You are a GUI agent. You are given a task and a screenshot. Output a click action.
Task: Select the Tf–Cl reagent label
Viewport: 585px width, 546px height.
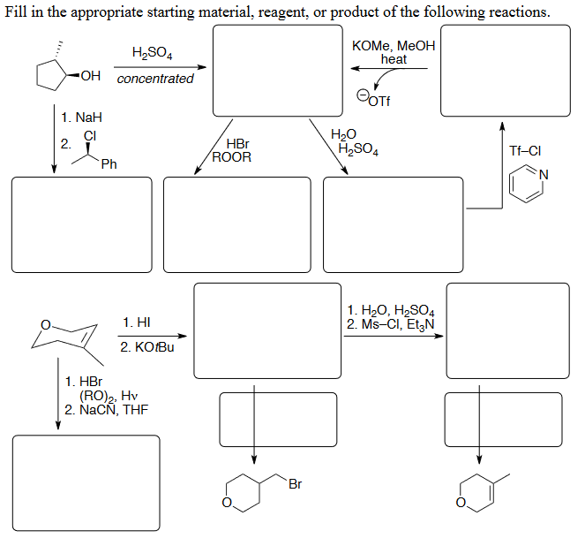click(x=525, y=150)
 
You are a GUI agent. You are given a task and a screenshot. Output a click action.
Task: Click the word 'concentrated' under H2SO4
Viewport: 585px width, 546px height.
click(x=155, y=79)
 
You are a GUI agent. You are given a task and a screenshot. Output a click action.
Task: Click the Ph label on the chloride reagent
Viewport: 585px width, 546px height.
click(x=109, y=163)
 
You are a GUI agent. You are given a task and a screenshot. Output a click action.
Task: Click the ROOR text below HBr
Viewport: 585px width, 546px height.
click(x=234, y=157)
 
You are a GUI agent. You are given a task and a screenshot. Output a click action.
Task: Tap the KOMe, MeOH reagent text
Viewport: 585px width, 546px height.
click(x=393, y=46)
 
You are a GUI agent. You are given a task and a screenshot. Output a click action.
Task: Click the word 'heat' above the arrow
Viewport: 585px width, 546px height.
click(x=394, y=59)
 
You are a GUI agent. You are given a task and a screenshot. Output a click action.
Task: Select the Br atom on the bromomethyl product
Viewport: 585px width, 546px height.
click(x=295, y=484)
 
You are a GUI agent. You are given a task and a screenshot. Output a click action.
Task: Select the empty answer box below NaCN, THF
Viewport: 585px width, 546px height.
click(x=80, y=483)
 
